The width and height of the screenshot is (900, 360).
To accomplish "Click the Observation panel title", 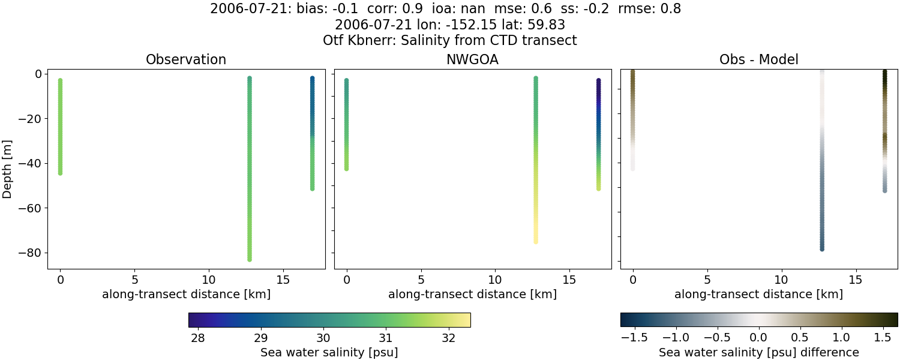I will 186,59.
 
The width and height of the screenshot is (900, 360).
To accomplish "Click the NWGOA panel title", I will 472,59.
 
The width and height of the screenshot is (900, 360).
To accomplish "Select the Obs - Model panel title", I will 758,59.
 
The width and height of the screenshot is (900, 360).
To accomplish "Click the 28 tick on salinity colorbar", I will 197,337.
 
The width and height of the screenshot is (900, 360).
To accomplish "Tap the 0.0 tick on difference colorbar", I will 759,337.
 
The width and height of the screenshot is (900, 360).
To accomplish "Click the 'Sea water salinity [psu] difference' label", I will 758,352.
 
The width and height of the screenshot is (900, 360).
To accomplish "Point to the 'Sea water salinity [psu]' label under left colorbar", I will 329,352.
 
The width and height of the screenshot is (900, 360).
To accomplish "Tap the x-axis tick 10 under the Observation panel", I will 209,280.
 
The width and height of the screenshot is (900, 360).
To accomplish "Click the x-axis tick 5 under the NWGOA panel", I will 421,280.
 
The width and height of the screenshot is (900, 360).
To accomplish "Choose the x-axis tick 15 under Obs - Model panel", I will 856,280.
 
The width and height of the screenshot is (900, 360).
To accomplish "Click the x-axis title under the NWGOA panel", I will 472,295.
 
